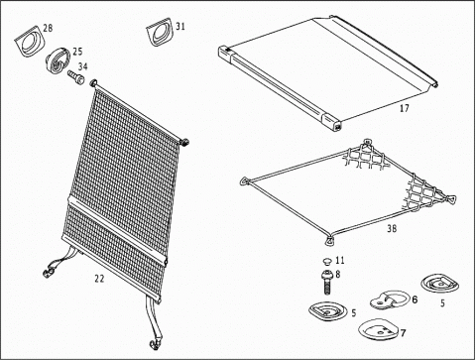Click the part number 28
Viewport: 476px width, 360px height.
[48, 28]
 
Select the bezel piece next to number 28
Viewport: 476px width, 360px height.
[29, 41]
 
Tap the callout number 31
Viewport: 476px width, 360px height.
[180, 26]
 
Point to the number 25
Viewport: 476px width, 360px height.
[77, 52]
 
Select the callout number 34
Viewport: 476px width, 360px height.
[82, 66]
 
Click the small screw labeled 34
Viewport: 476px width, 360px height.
[76, 77]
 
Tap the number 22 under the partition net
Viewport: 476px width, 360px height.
[99, 279]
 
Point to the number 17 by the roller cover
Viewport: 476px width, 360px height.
[405, 108]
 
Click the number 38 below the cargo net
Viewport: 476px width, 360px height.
[392, 228]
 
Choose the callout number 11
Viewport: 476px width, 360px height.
[340, 260]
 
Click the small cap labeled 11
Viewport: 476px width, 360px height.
[327, 261]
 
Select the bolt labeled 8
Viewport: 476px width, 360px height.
[327, 282]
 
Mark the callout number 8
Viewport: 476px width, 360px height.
[337, 274]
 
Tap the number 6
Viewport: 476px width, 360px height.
[415, 300]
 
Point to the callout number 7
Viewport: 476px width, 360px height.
[403, 333]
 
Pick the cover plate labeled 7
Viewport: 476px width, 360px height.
[379, 329]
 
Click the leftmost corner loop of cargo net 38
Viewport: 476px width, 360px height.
[245, 181]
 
